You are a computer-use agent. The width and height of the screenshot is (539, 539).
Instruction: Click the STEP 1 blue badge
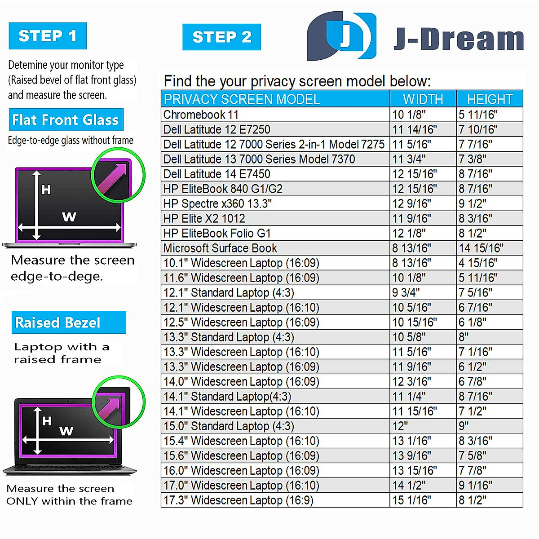(x=48, y=36)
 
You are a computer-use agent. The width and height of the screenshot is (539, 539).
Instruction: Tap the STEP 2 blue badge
(x=221, y=37)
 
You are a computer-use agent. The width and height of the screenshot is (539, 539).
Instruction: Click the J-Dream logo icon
(x=341, y=36)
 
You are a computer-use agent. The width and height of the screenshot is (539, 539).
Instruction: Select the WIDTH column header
(x=423, y=99)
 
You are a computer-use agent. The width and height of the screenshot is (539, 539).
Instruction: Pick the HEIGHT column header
(x=490, y=99)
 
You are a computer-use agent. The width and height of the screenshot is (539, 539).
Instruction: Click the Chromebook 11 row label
(x=201, y=115)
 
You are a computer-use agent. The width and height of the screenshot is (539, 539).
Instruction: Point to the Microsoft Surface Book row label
(x=220, y=248)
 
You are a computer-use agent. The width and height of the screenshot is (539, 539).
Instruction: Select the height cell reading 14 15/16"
(x=481, y=248)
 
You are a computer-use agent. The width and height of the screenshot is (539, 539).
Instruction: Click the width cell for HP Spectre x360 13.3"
(x=411, y=203)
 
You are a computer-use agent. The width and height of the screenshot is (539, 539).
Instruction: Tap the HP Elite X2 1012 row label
(x=204, y=218)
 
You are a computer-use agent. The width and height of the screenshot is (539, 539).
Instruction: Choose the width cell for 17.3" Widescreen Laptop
(x=411, y=500)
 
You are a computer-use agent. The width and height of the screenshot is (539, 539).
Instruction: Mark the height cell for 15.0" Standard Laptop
(x=464, y=426)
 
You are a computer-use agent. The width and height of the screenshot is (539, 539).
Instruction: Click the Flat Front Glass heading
(x=66, y=120)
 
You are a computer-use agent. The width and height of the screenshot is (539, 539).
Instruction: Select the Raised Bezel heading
(x=58, y=323)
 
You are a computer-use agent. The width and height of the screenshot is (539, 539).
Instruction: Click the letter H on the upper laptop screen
(x=46, y=190)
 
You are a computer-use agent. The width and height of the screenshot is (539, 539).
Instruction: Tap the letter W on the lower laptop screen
(x=66, y=431)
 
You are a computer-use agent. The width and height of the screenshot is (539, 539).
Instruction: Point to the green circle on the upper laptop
(x=118, y=175)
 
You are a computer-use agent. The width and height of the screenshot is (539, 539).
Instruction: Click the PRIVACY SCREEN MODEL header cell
(x=242, y=99)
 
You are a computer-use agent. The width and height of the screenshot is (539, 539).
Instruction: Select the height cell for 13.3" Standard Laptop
(x=464, y=337)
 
